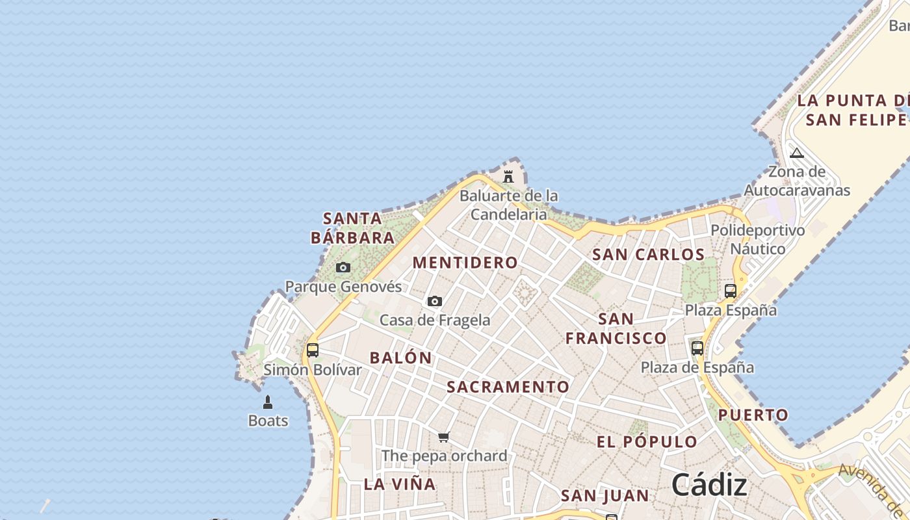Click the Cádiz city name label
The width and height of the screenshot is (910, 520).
(x=709, y=485)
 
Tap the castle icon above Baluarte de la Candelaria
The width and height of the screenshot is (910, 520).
(x=508, y=176)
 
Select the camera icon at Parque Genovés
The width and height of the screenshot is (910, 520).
(x=343, y=267)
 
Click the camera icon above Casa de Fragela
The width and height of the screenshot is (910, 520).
(x=435, y=301)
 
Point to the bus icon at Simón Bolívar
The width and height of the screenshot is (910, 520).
(x=313, y=350)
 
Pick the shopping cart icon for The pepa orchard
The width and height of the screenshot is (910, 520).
(x=444, y=437)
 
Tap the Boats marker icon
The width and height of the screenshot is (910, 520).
(x=268, y=402)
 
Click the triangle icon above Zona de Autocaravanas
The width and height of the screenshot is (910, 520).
(x=797, y=153)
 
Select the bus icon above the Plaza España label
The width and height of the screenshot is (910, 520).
(x=731, y=291)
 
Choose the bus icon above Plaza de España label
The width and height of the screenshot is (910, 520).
(x=697, y=348)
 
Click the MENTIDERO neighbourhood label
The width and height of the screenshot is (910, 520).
(x=465, y=263)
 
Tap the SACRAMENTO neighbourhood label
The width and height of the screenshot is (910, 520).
(x=508, y=387)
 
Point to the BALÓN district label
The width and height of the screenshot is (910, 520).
(x=400, y=357)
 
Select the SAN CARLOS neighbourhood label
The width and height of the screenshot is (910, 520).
(x=648, y=254)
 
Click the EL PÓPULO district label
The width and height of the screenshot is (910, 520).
(x=647, y=442)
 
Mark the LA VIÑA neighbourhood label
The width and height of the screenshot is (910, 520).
(x=400, y=484)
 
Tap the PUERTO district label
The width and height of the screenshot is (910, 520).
(x=753, y=415)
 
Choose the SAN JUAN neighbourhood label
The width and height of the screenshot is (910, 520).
(x=604, y=496)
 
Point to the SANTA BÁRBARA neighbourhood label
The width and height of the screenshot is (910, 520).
(x=353, y=227)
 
